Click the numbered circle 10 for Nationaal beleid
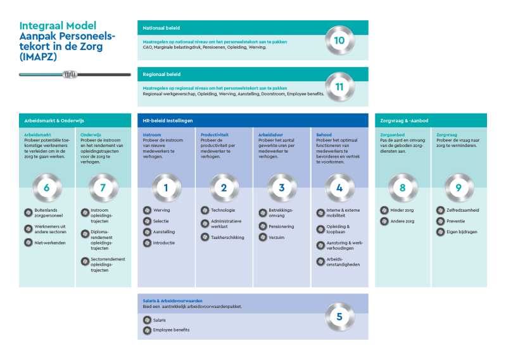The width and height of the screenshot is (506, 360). [x=339, y=41]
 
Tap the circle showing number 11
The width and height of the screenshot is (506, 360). [x=339, y=87]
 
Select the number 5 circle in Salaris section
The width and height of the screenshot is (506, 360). [x=339, y=316]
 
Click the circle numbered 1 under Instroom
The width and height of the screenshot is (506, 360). [x=167, y=188]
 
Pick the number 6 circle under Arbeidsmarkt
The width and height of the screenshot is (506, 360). [x=46, y=188]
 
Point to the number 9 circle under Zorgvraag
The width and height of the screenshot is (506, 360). [x=459, y=188]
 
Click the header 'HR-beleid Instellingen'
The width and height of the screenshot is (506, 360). [x=168, y=120]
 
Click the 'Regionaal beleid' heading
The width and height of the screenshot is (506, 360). [x=161, y=74]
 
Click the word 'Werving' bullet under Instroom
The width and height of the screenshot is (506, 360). [x=161, y=210]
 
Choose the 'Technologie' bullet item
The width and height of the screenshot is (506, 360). [x=223, y=210]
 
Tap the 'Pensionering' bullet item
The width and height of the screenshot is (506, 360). [x=281, y=226]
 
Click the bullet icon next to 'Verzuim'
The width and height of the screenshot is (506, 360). [x=263, y=238]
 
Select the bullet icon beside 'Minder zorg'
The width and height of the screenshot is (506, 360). [x=384, y=210]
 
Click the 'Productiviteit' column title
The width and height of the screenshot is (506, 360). [x=215, y=135]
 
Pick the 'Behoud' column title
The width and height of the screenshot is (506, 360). [x=324, y=135]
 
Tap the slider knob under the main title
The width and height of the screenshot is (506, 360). [x=70, y=75]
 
